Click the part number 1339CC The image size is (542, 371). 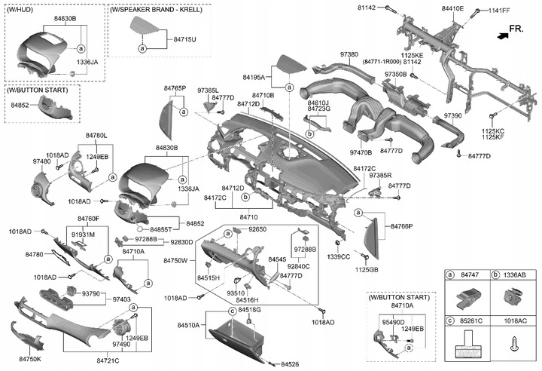click(x=340, y=256)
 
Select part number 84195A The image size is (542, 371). click(x=254, y=77)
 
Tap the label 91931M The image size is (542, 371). click(x=83, y=235)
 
